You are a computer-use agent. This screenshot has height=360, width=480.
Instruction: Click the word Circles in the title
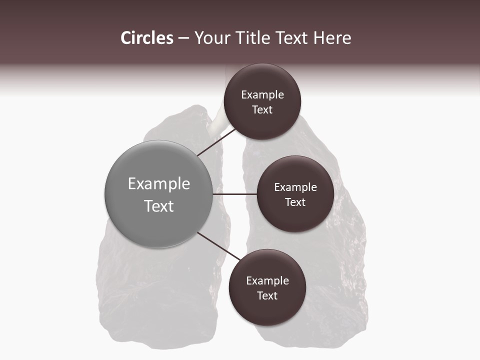[x=146, y=38]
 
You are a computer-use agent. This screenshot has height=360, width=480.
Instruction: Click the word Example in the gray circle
[x=159, y=184]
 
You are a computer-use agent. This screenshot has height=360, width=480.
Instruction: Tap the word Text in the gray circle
[x=159, y=206]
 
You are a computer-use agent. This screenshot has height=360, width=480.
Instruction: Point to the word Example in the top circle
[x=262, y=95]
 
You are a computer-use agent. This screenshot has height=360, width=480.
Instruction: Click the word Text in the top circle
[x=262, y=110]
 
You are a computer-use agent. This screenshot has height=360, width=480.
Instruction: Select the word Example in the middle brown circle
[x=295, y=187]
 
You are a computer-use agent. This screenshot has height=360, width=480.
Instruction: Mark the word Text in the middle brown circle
[x=295, y=202]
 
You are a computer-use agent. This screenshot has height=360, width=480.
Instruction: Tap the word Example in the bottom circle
[x=267, y=281]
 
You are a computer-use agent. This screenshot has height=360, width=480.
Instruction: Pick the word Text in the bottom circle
[x=267, y=296]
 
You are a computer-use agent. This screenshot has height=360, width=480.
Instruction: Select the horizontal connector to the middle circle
[x=234, y=194]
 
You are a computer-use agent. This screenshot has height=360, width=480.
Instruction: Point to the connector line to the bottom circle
[x=218, y=246]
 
